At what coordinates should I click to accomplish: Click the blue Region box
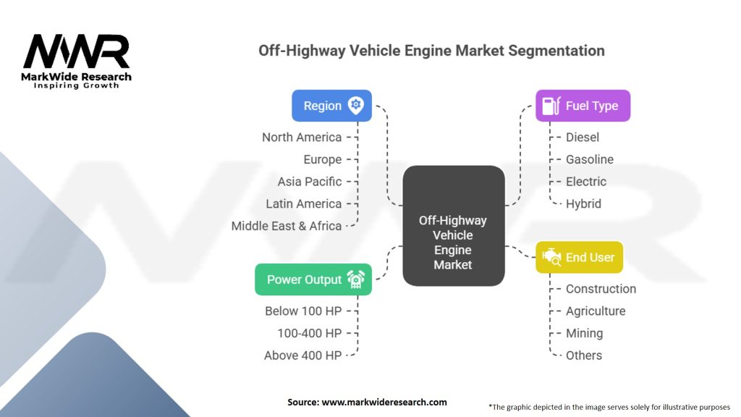pos(331,106)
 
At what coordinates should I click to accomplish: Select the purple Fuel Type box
pos(583,106)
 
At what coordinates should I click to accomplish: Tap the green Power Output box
pos(313,279)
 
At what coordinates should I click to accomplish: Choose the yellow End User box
pos(580,257)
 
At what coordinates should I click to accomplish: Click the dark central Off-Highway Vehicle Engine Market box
pos(454,226)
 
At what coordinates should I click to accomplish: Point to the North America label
pos(302,137)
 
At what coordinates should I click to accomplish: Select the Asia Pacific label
pos(310,182)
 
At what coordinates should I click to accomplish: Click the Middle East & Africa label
pos(287,226)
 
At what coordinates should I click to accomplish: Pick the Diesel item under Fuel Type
pos(583,137)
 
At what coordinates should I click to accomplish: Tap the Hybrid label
pos(584,203)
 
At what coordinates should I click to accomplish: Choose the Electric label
pos(586,182)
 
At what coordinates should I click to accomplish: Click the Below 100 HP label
pos(303,311)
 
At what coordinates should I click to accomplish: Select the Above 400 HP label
pos(302,355)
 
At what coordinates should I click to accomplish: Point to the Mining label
pos(584,333)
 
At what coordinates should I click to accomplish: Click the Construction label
pos(601,289)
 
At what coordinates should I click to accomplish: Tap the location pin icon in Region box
pos(356,105)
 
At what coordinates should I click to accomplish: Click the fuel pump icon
pos(551,106)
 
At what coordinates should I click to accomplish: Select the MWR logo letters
pos(77,51)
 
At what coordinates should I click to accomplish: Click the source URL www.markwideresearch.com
pos(384,403)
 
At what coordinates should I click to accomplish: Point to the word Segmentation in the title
pos(556,51)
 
